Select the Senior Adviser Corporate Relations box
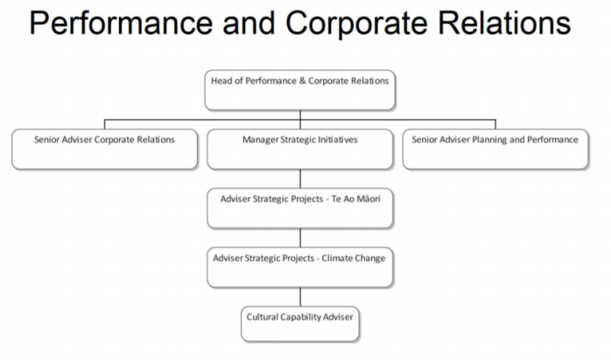[104, 149]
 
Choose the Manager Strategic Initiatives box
[300, 149]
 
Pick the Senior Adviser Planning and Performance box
[495, 149]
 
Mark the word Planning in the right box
[492, 139]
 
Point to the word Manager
[259, 139]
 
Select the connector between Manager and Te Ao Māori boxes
[300, 179]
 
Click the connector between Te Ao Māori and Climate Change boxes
[300, 237]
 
